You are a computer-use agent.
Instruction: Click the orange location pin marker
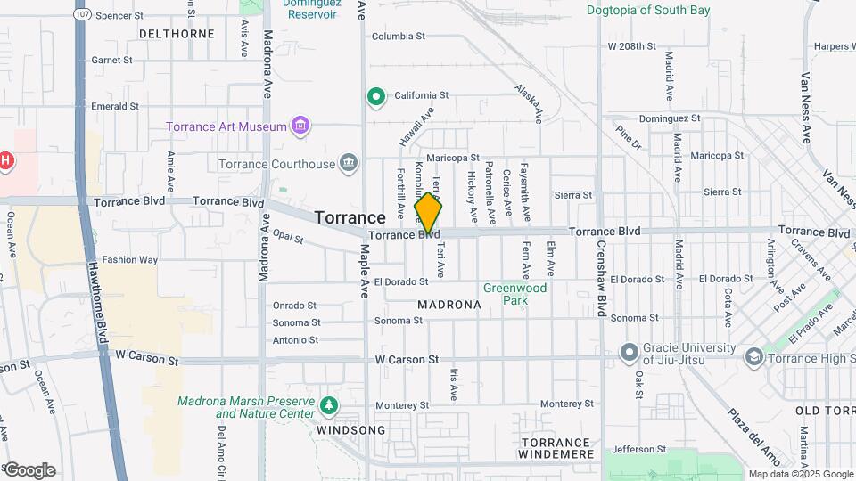coord(428,212)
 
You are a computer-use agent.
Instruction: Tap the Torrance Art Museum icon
coord(300,126)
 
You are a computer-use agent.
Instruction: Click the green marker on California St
coord(376,96)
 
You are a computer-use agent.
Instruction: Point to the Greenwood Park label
coord(514,294)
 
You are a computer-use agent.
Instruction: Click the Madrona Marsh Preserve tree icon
coord(330,406)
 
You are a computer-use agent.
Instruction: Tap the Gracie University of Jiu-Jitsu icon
coord(630,353)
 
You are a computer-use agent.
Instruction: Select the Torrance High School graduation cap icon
coord(754,356)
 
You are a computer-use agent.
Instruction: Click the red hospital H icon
coord(5,160)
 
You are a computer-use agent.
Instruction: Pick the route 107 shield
coord(82,15)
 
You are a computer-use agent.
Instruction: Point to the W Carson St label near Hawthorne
coord(147,355)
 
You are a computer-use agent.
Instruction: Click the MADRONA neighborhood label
coord(449,305)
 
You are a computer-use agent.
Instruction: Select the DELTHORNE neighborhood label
coord(177,34)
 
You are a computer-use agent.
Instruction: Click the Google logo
coord(29,469)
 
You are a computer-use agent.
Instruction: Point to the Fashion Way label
coord(129,260)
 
